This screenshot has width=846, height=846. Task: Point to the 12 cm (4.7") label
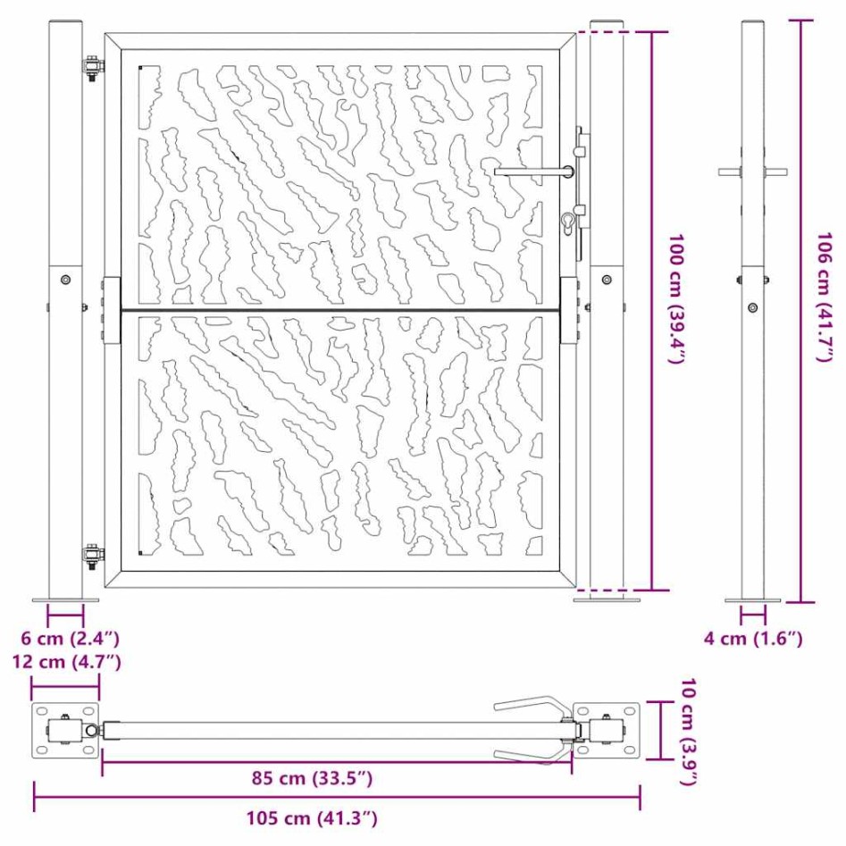(66, 662)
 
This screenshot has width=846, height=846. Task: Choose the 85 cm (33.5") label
(311, 778)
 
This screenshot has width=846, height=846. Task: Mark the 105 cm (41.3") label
(312, 817)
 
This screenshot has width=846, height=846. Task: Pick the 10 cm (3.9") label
(687, 732)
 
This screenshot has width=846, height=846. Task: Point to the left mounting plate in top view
(65, 730)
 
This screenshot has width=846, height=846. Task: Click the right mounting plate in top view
(607, 730)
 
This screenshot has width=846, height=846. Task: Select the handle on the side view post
(752, 172)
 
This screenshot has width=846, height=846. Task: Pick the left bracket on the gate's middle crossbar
(111, 312)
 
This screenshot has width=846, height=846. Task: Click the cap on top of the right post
(607, 21)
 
